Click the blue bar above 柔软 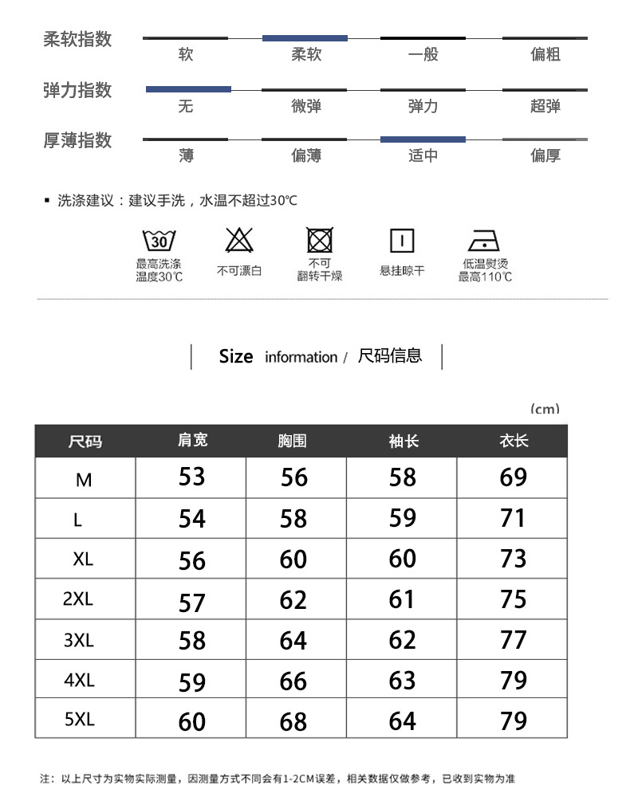pyautogui.click(x=305, y=38)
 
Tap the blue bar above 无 pyautogui.click(x=188, y=89)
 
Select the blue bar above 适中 pyautogui.click(x=423, y=139)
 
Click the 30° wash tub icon pyautogui.click(x=159, y=241)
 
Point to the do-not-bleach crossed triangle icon pyautogui.click(x=239, y=240)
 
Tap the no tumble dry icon pyautogui.click(x=320, y=240)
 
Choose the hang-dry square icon pyautogui.click(x=402, y=241)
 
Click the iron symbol pyautogui.click(x=484, y=241)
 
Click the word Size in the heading pyautogui.click(x=236, y=356)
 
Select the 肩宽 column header pyautogui.click(x=192, y=440)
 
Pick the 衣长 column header pyautogui.click(x=514, y=441)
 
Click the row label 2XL pyautogui.click(x=78, y=599)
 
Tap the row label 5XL pyautogui.click(x=80, y=720)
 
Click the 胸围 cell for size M pyautogui.click(x=294, y=477)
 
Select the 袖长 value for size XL pyautogui.click(x=403, y=559)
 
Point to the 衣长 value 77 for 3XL pyautogui.click(x=514, y=640)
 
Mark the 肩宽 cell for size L pyautogui.click(x=192, y=519)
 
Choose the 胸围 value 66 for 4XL pyautogui.click(x=293, y=681)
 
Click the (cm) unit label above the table pyautogui.click(x=545, y=409)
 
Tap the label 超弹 pyautogui.click(x=545, y=106)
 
